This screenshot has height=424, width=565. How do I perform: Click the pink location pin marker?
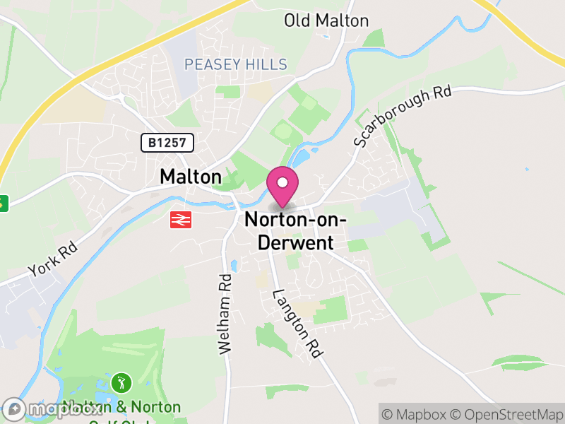click(x=282, y=187)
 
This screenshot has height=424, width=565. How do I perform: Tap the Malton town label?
click(x=191, y=177)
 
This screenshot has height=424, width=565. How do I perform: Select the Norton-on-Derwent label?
click(x=295, y=231)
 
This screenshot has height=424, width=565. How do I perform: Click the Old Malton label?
click(x=326, y=20)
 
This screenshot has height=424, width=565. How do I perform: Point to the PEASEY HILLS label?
click(x=236, y=65)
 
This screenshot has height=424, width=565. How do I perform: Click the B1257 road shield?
click(x=167, y=143)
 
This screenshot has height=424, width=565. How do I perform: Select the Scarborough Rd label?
click(x=403, y=116)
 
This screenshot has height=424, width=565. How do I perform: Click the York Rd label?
click(x=52, y=260)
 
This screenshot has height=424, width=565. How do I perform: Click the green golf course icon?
click(x=121, y=383)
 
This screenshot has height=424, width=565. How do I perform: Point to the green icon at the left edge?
click(x=3, y=204)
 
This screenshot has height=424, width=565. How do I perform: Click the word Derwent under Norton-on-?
click(x=295, y=242)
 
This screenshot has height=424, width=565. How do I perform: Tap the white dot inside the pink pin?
click(x=282, y=183)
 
